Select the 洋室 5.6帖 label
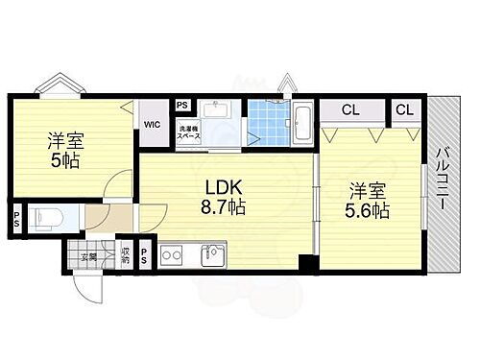369,200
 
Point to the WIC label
152,124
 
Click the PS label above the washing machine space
182,107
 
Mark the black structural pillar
306,262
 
